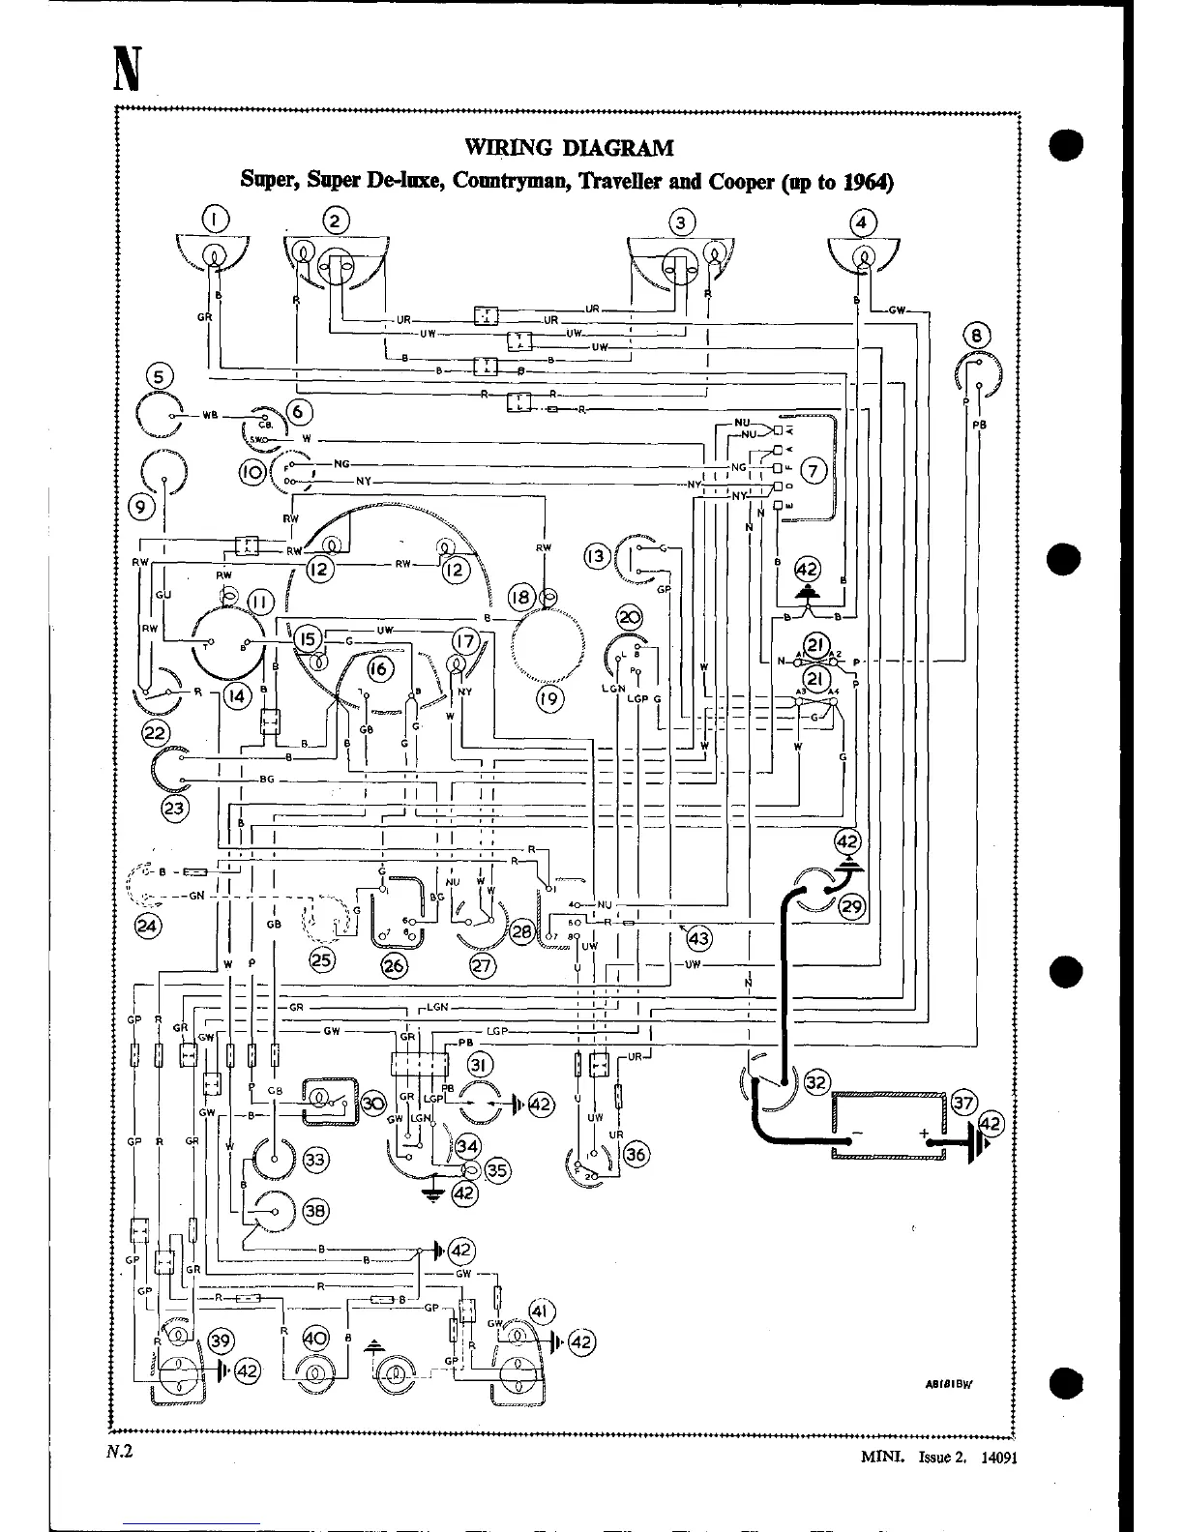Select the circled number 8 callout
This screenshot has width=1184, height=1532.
point(977,337)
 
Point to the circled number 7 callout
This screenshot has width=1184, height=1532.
point(814,471)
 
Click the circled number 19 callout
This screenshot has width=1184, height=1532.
point(550,698)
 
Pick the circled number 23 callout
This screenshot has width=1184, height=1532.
point(175,808)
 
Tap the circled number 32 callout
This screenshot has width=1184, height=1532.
point(816,1080)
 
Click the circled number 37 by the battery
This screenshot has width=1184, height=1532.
point(963,1101)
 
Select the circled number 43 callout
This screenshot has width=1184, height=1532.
point(698,937)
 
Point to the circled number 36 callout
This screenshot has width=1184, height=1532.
point(636,1153)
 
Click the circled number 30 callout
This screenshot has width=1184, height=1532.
point(373,1105)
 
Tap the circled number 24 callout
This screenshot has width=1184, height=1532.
point(148,926)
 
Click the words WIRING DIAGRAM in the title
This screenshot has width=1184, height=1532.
point(569,148)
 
